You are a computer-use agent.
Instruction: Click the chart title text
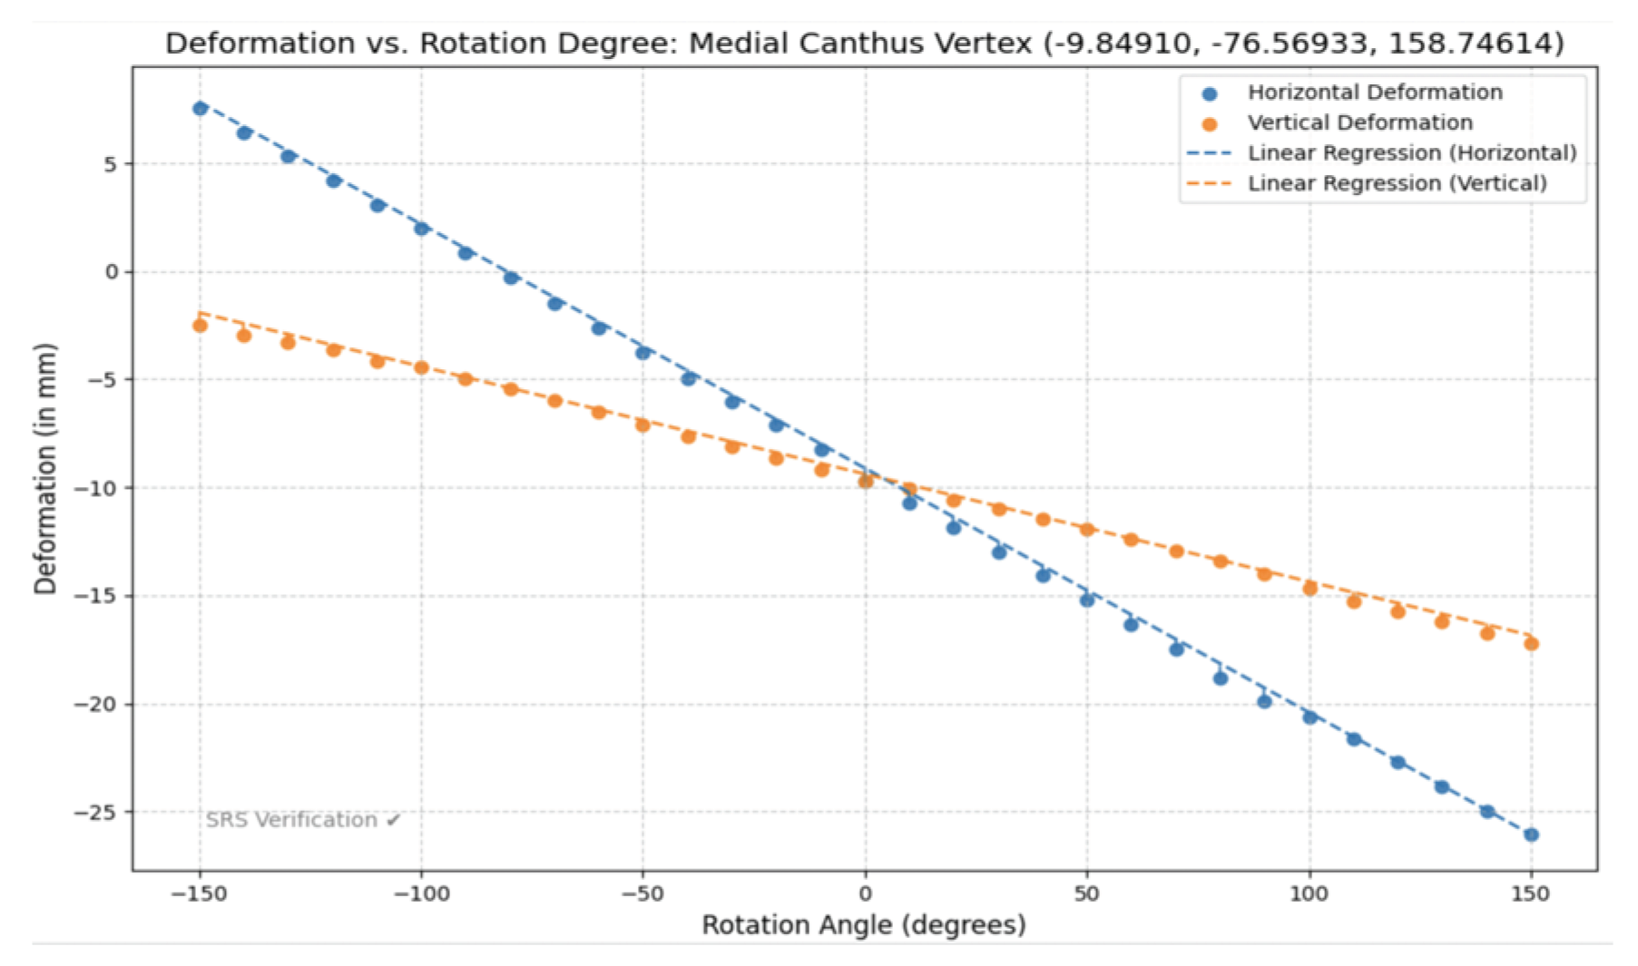click(864, 43)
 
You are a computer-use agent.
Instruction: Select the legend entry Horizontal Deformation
click(1374, 93)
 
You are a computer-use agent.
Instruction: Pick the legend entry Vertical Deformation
click(1359, 122)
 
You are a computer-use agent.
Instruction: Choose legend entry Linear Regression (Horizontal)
click(1411, 153)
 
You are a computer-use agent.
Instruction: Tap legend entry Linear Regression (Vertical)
click(1397, 183)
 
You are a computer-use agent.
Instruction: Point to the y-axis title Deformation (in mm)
click(45, 468)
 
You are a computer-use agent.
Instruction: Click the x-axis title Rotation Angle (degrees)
click(864, 925)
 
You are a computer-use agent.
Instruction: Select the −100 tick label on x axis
click(421, 894)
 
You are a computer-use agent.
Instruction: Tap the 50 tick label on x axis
click(1086, 894)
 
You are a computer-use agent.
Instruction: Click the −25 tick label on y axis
click(96, 813)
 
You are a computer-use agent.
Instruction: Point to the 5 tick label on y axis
click(111, 164)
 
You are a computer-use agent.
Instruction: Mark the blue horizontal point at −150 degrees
click(200, 109)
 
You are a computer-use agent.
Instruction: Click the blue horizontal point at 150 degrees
click(1531, 834)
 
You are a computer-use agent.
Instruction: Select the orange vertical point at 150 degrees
click(1531, 644)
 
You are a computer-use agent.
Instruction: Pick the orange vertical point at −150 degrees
click(200, 326)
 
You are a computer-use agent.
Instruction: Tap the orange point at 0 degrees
click(866, 481)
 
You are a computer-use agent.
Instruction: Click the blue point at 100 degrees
click(1309, 717)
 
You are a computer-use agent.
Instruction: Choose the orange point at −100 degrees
click(421, 367)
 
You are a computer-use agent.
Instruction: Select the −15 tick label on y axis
click(96, 597)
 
